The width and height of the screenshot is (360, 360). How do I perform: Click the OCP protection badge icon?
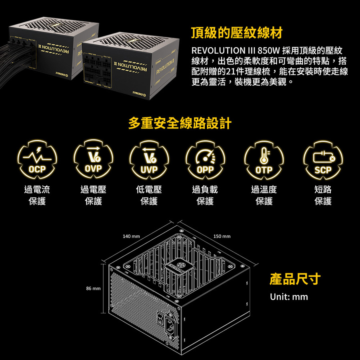pos(37,160)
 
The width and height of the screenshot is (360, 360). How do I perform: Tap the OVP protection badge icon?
pos(94,159)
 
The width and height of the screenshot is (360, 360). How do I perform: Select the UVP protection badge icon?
pos(149,160)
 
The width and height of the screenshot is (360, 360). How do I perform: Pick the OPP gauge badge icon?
pos(205,160)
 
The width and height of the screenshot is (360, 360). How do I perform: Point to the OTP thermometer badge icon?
pos(264,160)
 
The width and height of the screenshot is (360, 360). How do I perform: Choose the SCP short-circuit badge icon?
pos(323,160)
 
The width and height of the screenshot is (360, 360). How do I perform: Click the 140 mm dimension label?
pos(131,236)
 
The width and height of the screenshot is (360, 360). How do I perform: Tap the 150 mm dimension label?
pos(222,236)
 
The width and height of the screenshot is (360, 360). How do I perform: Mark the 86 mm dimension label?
pos(93,288)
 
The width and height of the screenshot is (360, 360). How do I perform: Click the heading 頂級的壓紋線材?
pos(237,33)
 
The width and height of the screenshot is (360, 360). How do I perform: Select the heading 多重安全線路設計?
pos(180,123)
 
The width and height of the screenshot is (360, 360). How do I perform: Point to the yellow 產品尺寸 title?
pos(295,279)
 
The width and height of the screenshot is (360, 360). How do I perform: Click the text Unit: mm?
pos(289,297)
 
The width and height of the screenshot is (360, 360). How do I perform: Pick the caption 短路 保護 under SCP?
pos(323,195)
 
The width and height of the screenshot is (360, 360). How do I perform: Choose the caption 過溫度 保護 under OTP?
pos(264,195)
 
